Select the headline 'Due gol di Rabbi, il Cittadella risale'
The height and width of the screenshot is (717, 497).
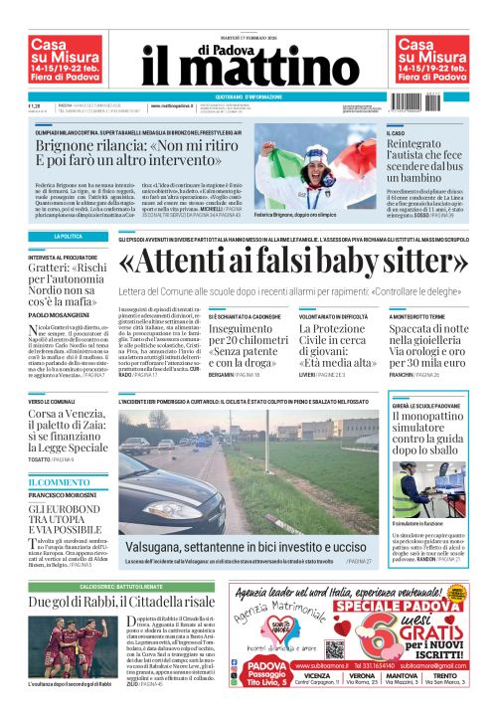[x=120, y=603]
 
